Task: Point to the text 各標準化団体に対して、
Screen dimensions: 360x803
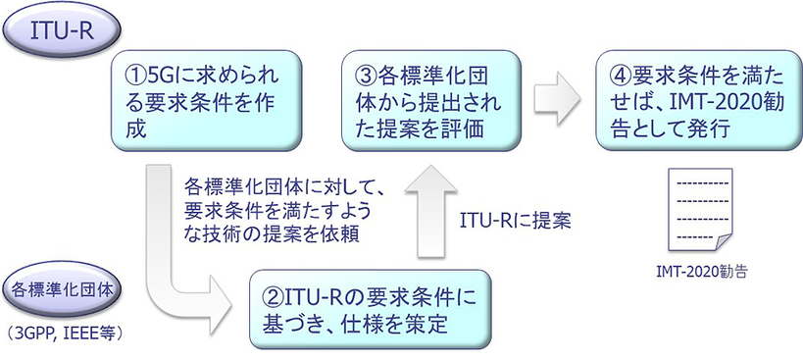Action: pyautogui.click(x=280, y=182)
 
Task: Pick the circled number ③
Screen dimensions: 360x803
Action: pyautogui.click(x=365, y=74)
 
